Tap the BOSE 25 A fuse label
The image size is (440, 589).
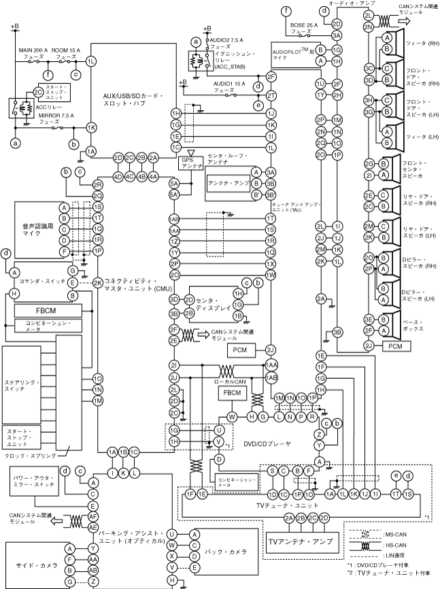[300, 28]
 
